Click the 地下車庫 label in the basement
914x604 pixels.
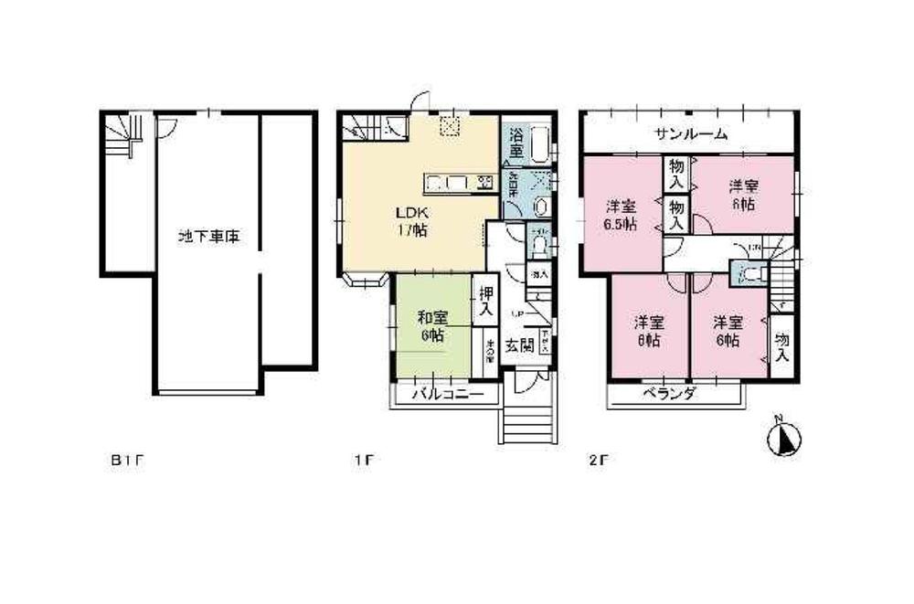click(208, 236)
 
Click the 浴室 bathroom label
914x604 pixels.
click(515, 144)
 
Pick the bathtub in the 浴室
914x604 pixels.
click(539, 144)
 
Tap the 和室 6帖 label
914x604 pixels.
click(432, 326)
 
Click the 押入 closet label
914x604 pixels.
click(486, 302)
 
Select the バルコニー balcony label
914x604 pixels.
click(445, 395)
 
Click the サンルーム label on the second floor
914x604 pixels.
click(692, 134)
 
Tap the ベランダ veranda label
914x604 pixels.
click(670, 395)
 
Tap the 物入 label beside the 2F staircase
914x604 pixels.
click(782, 346)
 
